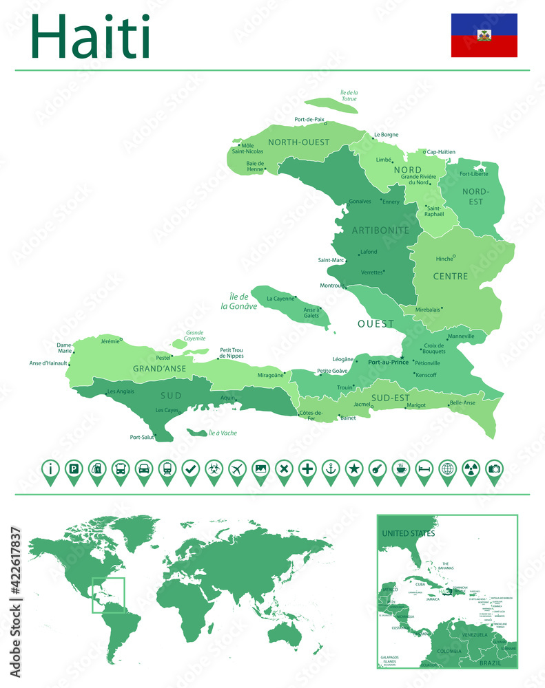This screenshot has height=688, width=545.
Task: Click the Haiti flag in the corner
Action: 484,35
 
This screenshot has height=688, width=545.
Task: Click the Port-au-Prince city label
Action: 389,361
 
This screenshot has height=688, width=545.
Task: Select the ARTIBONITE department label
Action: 380,230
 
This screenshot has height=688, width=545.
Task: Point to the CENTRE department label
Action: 451,277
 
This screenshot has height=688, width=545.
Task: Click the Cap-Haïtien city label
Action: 441,152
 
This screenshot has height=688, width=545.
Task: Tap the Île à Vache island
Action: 200,433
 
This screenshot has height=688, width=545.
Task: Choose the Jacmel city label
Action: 362,405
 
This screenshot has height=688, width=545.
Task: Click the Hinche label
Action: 444,259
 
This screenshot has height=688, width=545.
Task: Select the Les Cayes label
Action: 167,410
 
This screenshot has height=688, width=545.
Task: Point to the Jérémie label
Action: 110,341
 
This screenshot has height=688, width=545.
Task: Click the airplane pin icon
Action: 237,469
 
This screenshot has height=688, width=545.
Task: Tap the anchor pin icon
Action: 331,469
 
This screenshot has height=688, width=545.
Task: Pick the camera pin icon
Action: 495,469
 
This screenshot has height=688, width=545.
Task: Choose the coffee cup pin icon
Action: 401,469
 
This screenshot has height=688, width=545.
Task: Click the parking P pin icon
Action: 73,469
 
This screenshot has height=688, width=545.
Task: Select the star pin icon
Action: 354,469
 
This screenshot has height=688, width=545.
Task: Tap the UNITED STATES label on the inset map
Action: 409,533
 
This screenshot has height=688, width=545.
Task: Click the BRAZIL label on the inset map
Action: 491,663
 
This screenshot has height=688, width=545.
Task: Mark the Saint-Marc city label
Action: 331,260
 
